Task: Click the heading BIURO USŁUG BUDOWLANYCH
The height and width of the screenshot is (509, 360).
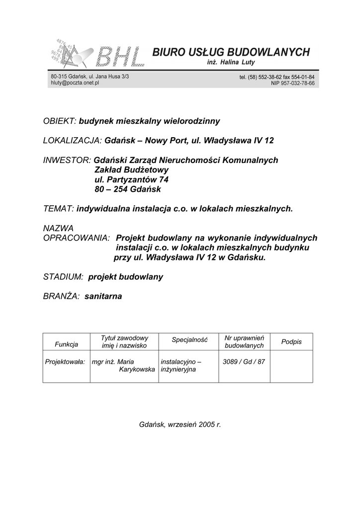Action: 231,52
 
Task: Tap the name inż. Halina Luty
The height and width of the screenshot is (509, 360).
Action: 231,63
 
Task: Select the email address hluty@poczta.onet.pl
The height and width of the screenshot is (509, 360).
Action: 75,84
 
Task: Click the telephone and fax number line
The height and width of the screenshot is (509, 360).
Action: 276,77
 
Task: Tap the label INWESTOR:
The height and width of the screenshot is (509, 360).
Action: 67,160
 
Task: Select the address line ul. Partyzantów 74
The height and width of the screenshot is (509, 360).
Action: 128,179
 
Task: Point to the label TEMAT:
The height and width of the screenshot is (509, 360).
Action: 59,209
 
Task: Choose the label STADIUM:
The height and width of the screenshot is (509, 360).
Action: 63,277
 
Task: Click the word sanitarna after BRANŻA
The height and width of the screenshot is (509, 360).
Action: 103,296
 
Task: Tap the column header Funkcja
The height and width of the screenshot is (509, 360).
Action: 67,344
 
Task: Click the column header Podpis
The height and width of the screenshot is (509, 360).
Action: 291,342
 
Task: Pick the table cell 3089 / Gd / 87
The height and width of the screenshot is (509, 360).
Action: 244,361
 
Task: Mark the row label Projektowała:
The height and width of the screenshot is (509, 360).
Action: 65,361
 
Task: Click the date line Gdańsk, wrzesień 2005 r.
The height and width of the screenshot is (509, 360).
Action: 180,425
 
